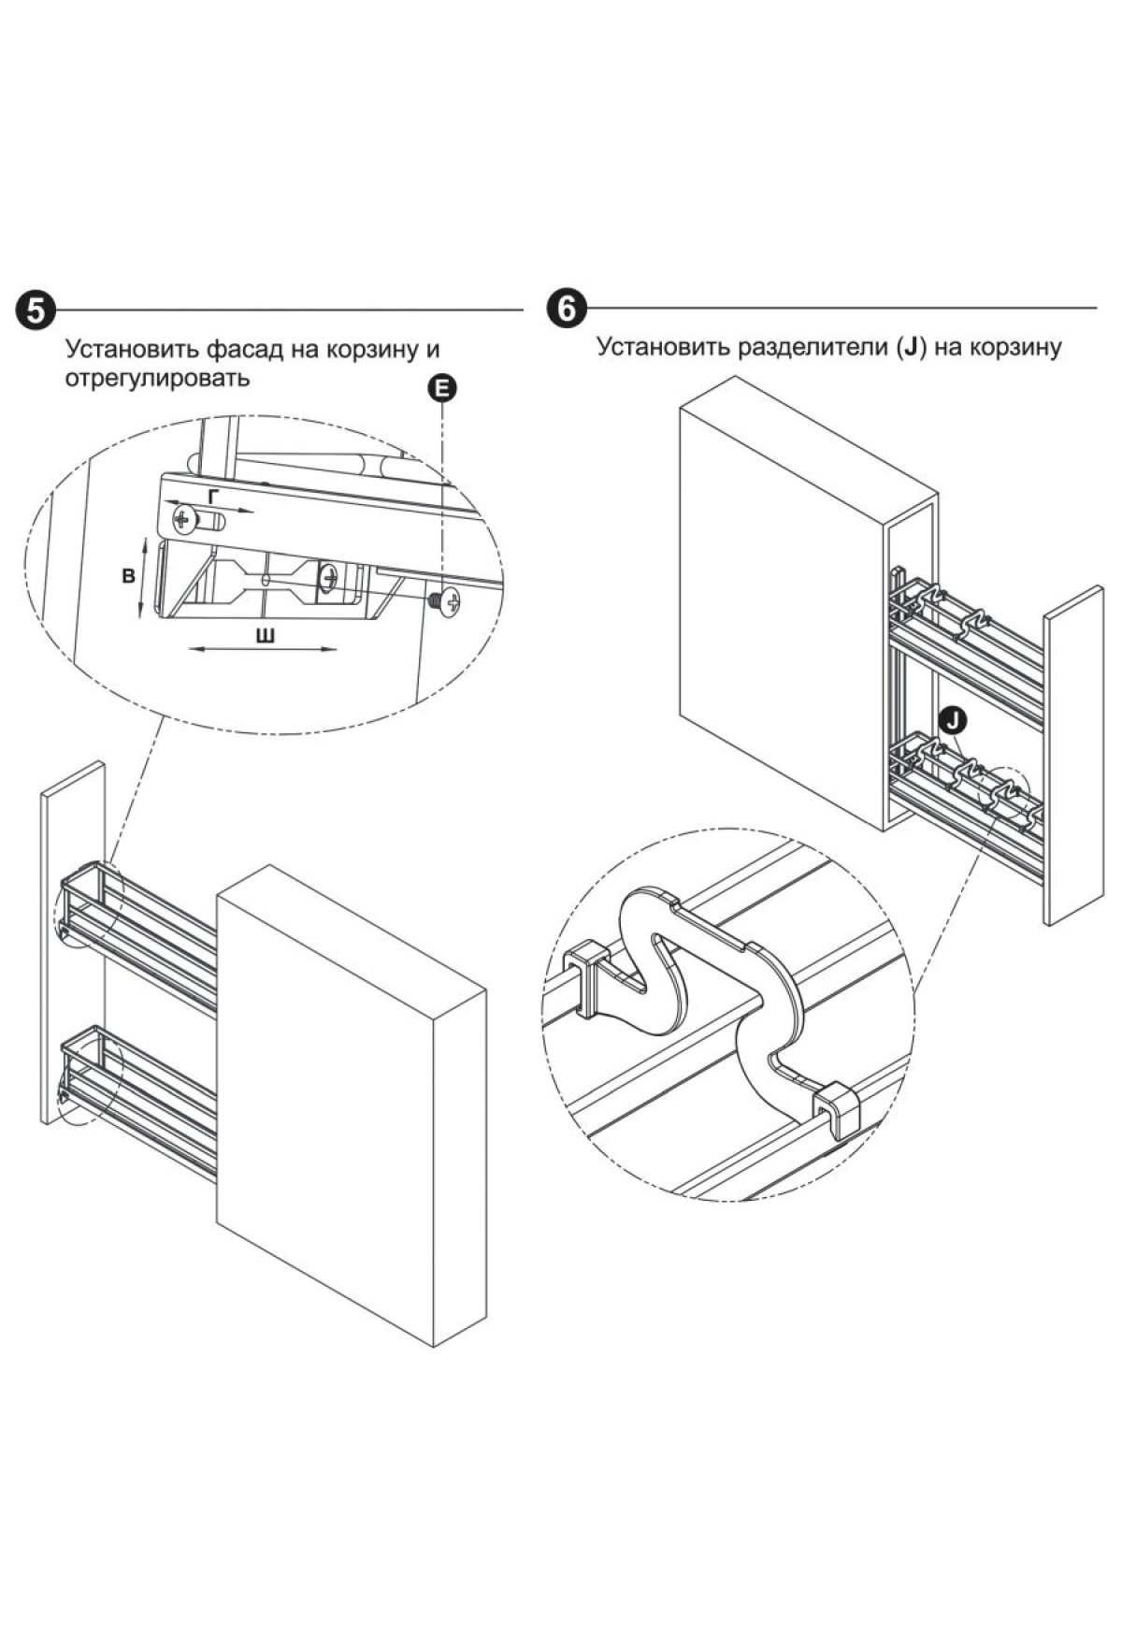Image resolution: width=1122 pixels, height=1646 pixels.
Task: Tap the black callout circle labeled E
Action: [x=442, y=389]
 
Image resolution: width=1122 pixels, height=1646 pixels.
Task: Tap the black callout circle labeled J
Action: [x=952, y=719]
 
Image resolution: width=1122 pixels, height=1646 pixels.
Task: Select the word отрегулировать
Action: [x=158, y=378]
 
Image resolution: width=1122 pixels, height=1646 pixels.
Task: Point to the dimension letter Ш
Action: [x=266, y=637]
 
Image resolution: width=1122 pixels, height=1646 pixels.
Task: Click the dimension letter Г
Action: [x=214, y=497]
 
